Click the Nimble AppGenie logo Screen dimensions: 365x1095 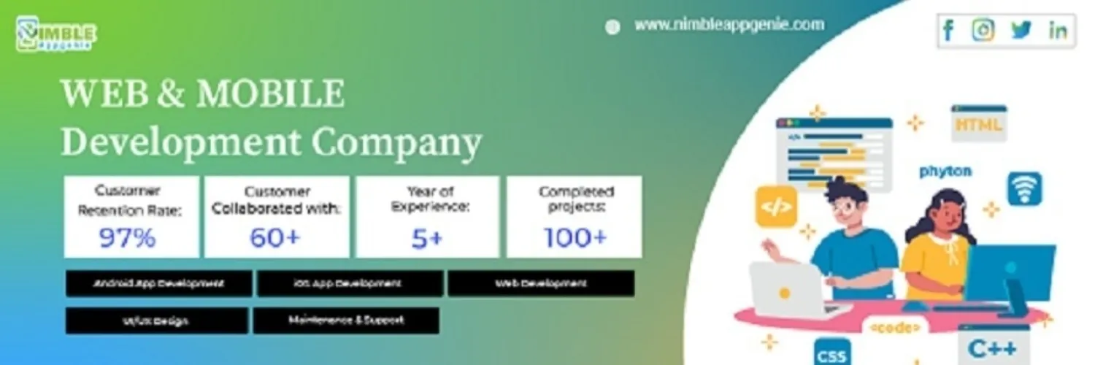click(x=55, y=34)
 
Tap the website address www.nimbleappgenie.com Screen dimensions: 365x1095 click(x=729, y=25)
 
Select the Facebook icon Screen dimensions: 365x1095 click(x=948, y=31)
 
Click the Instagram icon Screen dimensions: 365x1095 click(x=983, y=30)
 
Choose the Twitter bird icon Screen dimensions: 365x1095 click(x=1021, y=30)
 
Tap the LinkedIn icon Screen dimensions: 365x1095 click(x=1057, y=31)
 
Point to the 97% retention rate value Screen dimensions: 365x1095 click(x=128, y=238)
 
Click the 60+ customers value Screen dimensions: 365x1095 click(x=276, y=238)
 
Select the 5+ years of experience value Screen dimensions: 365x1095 click(x=427, y=238)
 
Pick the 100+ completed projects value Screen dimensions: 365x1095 click(x=575, y=237)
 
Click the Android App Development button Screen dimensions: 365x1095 click(x=158, y=283)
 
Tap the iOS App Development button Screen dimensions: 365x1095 click(x=350, y=283)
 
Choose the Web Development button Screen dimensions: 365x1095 click(x=541, y=283)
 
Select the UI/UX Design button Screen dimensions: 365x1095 click(x=156, y=320)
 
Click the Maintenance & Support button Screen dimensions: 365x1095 click(x=346, y=320)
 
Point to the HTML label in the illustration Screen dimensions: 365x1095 click(x=979, y=125)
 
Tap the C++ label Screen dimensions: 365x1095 click(x=993, y=348)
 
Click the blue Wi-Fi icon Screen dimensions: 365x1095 click(x=1025, y=188)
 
